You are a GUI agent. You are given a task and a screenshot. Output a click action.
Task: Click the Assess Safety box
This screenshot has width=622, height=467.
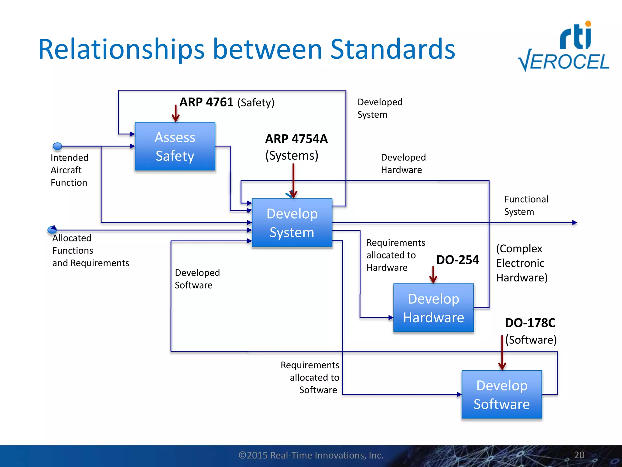[175, 146]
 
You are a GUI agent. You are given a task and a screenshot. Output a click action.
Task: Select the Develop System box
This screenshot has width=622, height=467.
[292, 223]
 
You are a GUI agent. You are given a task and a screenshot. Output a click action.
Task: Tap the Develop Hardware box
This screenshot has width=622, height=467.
[433, 308]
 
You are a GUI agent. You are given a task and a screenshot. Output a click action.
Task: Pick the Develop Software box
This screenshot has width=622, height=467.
[502, 394]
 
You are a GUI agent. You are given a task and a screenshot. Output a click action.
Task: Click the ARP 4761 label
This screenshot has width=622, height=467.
[206, 102]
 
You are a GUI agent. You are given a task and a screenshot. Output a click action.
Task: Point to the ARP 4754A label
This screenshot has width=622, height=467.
[296, 139]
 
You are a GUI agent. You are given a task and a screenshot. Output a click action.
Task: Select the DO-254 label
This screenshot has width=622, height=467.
[458, 260]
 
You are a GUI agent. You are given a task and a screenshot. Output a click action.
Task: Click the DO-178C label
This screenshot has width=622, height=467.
[530, 323]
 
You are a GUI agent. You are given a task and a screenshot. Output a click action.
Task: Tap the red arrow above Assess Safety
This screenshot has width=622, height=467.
[176, 114]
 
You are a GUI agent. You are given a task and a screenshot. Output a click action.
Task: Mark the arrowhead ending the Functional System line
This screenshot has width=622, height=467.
[574, 223]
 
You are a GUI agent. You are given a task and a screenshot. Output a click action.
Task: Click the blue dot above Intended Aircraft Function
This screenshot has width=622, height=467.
[57, 146]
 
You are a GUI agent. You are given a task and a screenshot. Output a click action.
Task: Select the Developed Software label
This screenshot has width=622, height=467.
[197, 279]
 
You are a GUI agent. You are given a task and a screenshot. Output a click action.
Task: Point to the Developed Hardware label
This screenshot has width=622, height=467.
[403, 164]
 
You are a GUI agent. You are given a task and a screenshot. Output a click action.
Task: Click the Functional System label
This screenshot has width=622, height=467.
[526, 205]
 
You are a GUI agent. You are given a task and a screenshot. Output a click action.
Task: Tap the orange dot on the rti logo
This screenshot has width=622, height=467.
[588, 24]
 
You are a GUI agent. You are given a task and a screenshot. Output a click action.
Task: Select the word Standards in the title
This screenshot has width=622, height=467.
[392, 49]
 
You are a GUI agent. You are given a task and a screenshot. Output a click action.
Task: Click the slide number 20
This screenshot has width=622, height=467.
[579, 455]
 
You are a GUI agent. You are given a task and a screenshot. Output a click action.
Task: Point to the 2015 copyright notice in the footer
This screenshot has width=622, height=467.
[311, 455]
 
